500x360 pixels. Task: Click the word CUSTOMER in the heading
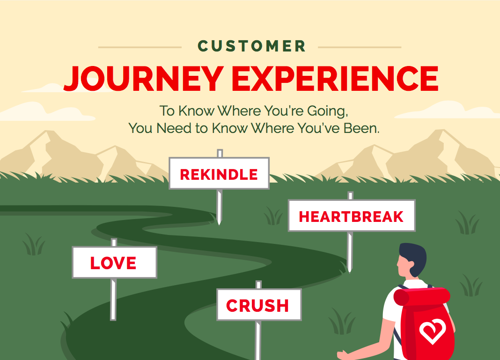point(251,46)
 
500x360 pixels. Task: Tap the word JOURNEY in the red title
point(144,79)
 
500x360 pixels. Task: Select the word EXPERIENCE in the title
point(335,79)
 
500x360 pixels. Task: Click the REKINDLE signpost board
point(219,173)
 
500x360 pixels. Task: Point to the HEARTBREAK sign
point(352,215)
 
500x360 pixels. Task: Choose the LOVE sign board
point(115,263)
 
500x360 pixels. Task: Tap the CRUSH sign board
point(259,305)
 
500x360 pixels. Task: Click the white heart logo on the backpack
point(433,331)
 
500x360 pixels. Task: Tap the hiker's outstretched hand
point(344,355)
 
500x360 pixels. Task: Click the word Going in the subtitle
point(327,111)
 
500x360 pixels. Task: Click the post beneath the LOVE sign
point(113,300)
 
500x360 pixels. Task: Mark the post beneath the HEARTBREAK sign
point(350,252)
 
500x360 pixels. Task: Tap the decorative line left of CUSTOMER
point(140,47)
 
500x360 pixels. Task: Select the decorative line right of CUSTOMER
point(360,47)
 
